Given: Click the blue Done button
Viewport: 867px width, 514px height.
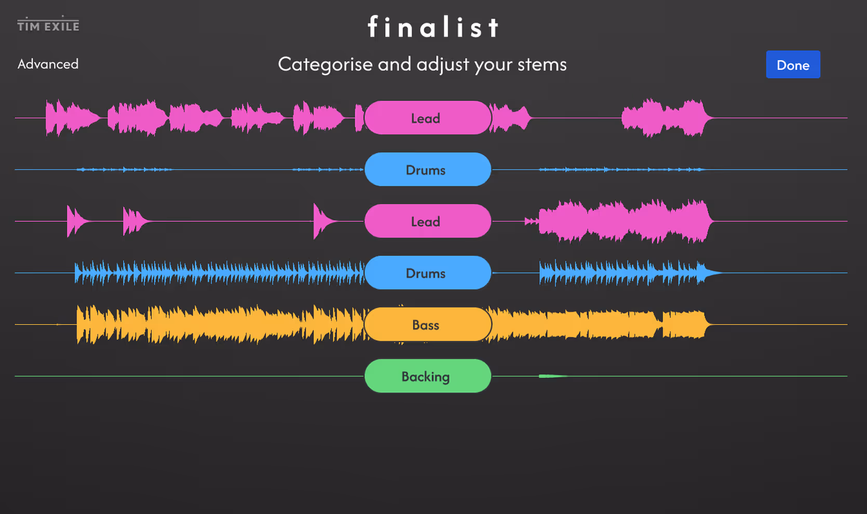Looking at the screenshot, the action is pos(793,65).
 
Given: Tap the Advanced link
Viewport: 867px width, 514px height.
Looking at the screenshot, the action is pos(48,64).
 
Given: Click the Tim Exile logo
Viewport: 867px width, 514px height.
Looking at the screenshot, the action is pos(48,24).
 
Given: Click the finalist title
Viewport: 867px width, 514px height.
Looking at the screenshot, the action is pos(433,27).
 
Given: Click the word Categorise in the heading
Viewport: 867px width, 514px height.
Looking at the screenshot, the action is pos(325,64).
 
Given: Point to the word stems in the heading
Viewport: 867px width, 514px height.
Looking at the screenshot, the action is pos(542,64).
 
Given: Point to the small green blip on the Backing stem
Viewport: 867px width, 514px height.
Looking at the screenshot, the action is pos(550,376).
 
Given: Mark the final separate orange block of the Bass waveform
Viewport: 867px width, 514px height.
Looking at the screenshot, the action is pos(684,324).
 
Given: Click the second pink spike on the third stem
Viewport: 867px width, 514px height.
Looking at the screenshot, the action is pos(132,221).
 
